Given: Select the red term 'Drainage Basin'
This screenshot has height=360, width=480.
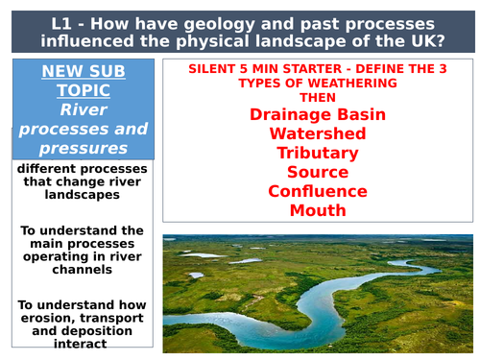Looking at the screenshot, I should pos(317,115).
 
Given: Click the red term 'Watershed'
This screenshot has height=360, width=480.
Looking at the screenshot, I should pos(317,134).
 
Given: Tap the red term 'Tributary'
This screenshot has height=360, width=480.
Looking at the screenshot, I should pos(317,154).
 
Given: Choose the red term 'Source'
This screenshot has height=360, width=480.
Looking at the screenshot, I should pos(317,172).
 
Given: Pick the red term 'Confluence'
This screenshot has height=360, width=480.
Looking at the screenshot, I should pos(317,191).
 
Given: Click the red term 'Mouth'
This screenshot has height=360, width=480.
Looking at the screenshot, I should pos(317,210).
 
